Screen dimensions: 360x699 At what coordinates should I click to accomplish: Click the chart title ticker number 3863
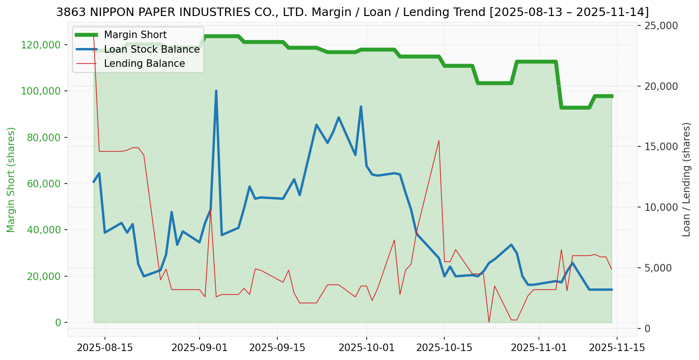click(68, 12)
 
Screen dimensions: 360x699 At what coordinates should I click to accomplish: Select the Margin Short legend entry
click(135, 35)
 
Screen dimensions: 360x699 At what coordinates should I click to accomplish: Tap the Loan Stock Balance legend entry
click(152, 49)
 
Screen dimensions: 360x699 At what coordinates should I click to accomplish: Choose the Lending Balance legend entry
click(144, 64)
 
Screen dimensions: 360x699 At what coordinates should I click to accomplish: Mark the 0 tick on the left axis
click(58, 323)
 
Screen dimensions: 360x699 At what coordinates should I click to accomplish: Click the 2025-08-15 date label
click(104, 348)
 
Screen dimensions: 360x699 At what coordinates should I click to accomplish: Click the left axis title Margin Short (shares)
click(11, 180)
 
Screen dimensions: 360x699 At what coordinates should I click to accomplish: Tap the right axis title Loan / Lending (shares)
click(687, 180)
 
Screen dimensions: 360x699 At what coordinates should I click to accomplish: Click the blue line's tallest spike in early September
click(216, 91)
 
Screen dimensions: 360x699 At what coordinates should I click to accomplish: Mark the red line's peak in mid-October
click(439, 140)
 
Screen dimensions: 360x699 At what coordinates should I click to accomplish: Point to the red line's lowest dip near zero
click(489, 322)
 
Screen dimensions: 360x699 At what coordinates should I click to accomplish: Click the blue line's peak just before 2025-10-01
click(361, 107)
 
